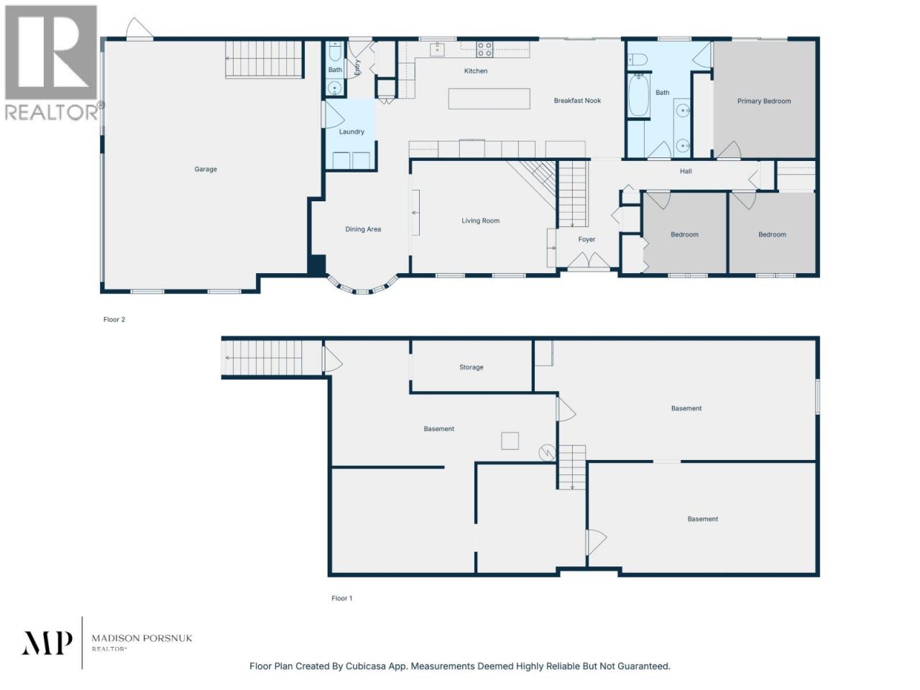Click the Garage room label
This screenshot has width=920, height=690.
tap(206, 169)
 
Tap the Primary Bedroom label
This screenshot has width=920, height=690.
tap(763, 101)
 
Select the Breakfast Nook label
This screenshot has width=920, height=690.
tap(577, 101)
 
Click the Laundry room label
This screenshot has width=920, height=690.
tap(351, 132)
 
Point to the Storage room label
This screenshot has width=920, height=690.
tap(471, 367)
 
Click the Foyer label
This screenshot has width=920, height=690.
tap(586, 239)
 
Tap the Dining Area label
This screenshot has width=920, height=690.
tap(363, 229)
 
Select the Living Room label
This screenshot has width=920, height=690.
tap(480, 221)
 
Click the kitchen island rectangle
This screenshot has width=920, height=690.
tap(489, 99)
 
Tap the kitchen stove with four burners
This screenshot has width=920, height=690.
tap(484, 50)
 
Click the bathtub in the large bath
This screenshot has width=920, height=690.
tap(638, 96)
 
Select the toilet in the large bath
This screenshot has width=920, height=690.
tap(637, 60)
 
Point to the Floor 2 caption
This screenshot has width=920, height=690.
tap(114, 320)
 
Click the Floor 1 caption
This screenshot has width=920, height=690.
tap(341, 598)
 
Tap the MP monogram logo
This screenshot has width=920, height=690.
tap(47, 643)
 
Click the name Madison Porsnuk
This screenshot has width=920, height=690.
tap(142, 638)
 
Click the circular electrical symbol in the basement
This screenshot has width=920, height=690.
tap(547, 453)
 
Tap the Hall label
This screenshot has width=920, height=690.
tap(686, 171)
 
